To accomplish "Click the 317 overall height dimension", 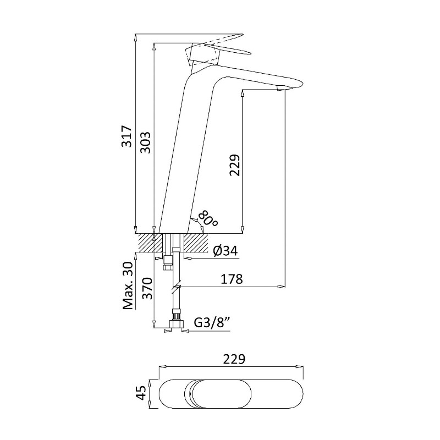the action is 127,136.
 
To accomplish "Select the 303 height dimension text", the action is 146,142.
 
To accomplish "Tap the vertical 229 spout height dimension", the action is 235,165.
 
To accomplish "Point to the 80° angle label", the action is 208,218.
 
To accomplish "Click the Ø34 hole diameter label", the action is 226,251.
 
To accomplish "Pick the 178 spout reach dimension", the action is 232,279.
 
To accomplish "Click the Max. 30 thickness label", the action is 128,285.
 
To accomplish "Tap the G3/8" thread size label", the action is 212,323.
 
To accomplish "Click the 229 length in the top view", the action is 234,360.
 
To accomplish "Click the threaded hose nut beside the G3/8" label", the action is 176,321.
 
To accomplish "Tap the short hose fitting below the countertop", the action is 168,263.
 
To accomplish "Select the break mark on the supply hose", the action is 176,287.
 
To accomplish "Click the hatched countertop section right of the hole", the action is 196,243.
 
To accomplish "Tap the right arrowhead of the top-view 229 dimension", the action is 300,366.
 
